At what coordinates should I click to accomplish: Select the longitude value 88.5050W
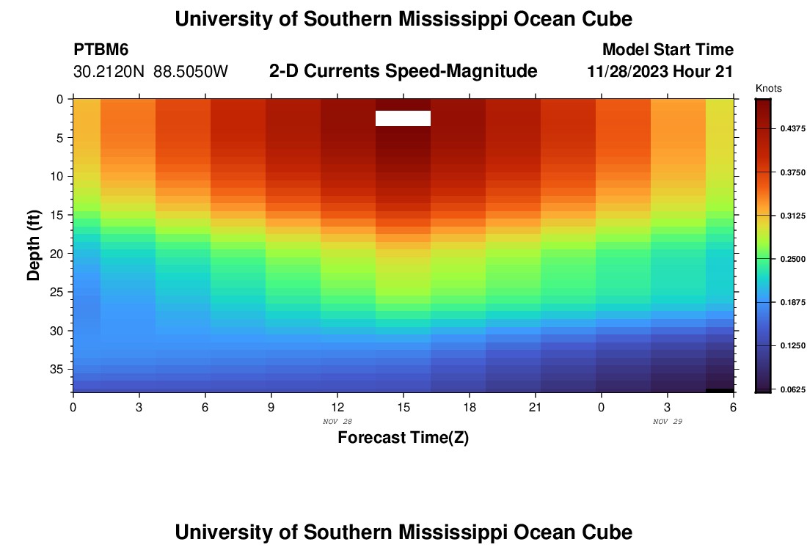point(191,72)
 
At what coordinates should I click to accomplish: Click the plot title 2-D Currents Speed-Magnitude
point(403,71)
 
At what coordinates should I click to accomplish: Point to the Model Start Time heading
point(668,50)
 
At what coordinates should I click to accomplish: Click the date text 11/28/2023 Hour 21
point(660,72)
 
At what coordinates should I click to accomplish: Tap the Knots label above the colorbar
point(768,89)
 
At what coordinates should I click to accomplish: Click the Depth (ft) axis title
point(33,246)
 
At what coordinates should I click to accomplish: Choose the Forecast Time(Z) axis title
point(403,439)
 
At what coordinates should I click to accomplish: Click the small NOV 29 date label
point(667,422)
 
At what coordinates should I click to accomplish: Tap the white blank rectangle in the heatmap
point(403,118)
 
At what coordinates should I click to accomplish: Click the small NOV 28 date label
point(337,422)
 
